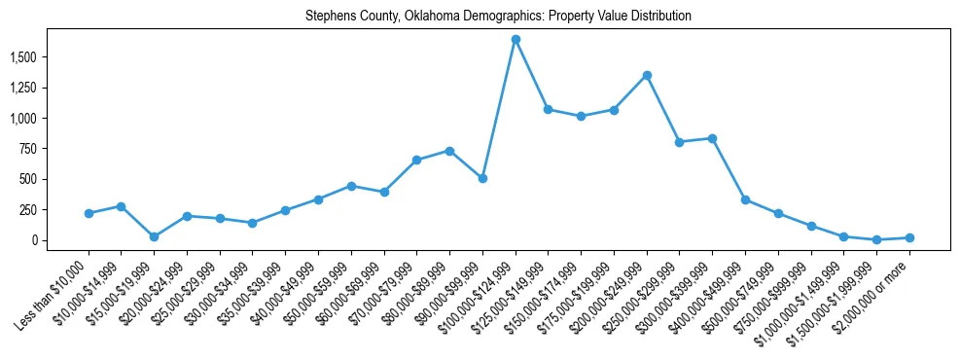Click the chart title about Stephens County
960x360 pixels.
click(484, 17)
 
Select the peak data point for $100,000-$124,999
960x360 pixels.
click(516, 39)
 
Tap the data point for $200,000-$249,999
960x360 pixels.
click(647, 75)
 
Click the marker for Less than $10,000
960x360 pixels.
click(89, 213)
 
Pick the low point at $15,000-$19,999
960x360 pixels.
click(154, 236)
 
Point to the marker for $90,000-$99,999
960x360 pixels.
click(482, 178)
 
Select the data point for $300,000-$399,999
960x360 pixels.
click(713, 138)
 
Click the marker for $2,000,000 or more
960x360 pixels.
click(909, 237)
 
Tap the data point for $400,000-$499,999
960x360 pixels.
click(745, 199)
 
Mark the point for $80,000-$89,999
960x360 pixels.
click(449, 151)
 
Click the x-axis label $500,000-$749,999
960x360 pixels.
click(742, 291)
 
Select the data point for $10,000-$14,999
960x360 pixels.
click(121, 206)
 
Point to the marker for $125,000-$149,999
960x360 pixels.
click(549, 109)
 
